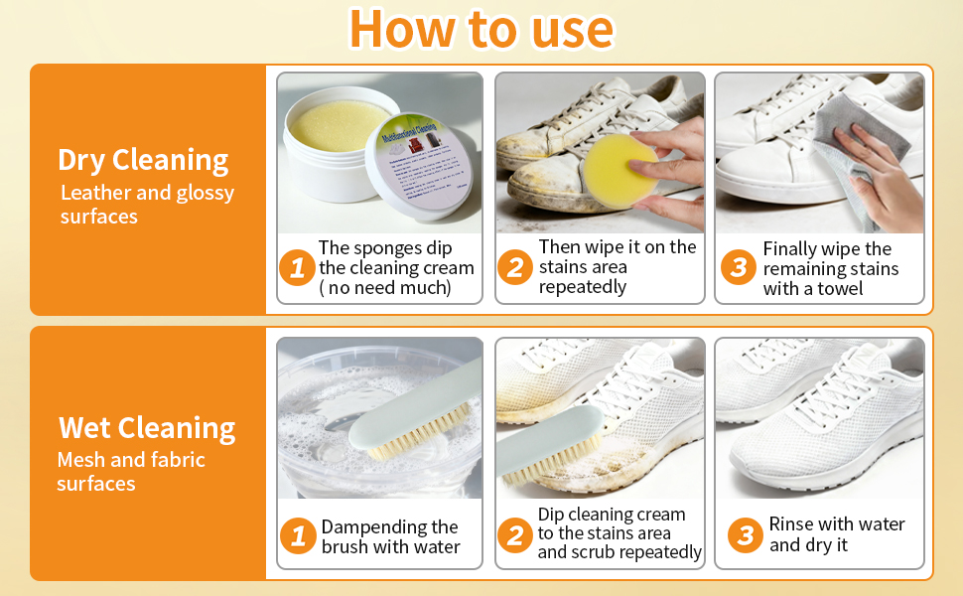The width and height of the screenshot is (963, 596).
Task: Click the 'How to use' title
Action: [x=481, y=29]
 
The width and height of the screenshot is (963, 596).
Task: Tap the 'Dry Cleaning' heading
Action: [x=143, y=160]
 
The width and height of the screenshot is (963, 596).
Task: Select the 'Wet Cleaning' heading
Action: [x=147, y=428]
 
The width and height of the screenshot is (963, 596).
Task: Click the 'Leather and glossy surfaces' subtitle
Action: [x=147, y=205]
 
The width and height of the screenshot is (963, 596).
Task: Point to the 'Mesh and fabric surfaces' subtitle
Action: [x=131, y=472]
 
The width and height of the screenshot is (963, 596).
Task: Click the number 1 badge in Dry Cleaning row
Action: [x=297, y=267]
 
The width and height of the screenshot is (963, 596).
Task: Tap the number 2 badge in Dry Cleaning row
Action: [x=514, y=267]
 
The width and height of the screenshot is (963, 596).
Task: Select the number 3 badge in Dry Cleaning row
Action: [x=738, y=267]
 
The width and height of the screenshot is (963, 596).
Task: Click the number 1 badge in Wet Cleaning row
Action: [x=297, y=536]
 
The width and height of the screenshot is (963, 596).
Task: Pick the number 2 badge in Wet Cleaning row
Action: [x=514, y=536]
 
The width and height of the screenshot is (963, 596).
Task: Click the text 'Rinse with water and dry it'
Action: [x=836, y=534]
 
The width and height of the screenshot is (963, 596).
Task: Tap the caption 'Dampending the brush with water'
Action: [x=390, y=536]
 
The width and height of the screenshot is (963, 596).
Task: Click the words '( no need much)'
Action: [x=384, y=288]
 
